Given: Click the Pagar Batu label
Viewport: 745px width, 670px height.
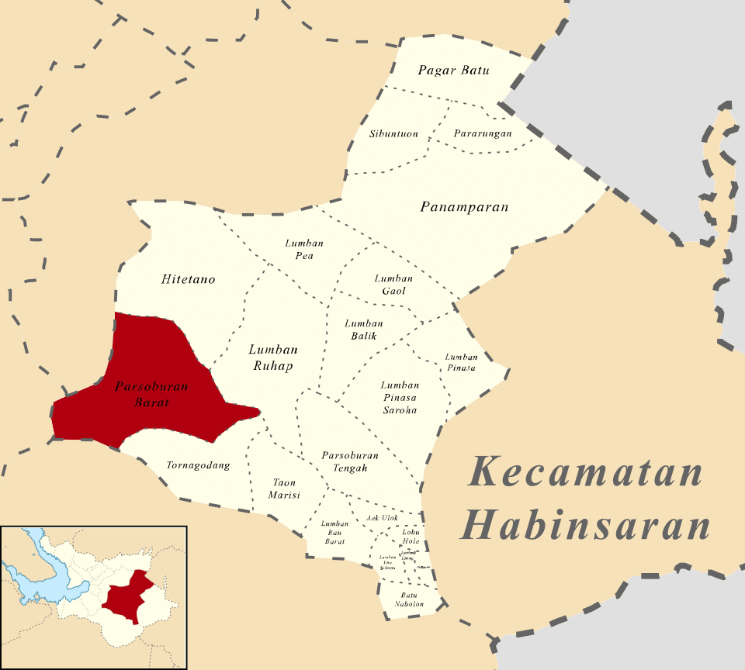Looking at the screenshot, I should (454, 71).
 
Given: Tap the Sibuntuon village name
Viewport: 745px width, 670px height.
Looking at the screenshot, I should (393, 134).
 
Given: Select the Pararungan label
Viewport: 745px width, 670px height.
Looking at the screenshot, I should (483, 133).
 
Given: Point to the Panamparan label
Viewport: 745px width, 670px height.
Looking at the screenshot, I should (464, 207).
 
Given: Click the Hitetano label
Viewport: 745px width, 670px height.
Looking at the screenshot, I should (189, 279).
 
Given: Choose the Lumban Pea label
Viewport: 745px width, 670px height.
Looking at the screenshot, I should (304, 250).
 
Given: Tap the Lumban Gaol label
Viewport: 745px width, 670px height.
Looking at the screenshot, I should (393, 285).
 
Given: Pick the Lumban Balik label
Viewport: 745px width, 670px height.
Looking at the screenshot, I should (364, 330).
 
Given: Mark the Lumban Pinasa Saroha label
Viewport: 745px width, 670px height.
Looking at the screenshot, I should (400, 397).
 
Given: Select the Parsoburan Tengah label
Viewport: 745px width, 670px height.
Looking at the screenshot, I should (349, 461).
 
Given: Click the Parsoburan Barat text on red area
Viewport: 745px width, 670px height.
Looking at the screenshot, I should (141, 395).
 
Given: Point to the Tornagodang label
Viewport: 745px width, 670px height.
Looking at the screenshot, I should (199, 466).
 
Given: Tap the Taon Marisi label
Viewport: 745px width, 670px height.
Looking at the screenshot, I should (284, 489).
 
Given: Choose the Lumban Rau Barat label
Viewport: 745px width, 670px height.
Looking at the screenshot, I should (334, 533).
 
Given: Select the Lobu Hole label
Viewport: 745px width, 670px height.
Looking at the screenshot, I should (411, 536).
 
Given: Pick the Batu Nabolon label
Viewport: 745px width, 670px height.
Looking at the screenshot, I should (409, 599).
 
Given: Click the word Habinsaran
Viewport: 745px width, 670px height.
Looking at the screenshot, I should (585, 525).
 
